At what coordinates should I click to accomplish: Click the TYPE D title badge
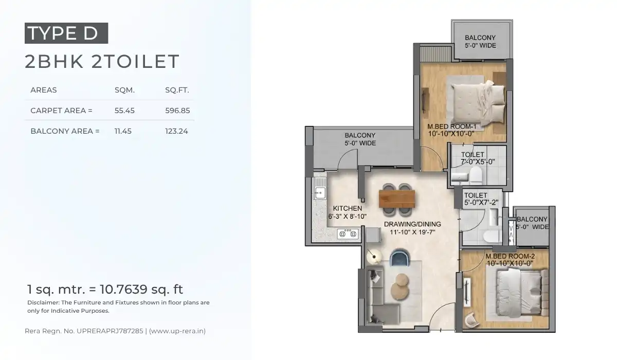66,33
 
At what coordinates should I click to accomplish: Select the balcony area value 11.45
123,131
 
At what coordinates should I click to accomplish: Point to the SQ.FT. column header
177,90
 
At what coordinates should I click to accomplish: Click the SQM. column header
124,90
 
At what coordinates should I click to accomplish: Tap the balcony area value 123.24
176,131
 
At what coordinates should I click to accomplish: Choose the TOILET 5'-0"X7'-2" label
481,199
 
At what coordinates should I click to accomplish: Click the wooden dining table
396,199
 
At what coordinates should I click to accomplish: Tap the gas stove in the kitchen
349,235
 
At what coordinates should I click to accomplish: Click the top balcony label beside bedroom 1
480,41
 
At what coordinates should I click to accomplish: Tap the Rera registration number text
115,331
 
